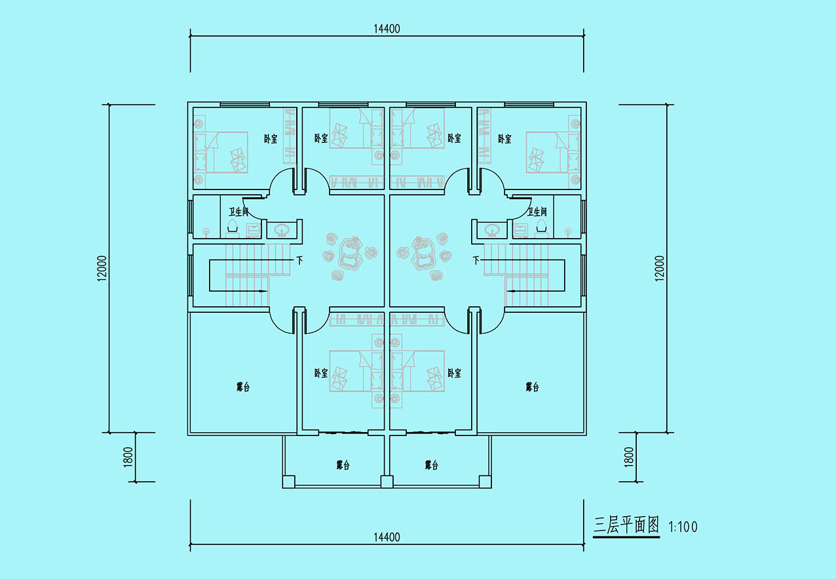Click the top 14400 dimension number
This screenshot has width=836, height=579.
(x=387, y=29)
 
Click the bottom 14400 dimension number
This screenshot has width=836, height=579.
(x=387, y=537)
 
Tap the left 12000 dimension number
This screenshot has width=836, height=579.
(x=102, y=268)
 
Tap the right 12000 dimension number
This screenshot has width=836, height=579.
(x=660, y=268)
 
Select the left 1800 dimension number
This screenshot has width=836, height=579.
(x=128, y=457)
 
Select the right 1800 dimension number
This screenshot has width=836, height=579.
(x=629, y=457)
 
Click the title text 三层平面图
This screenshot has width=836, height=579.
(x=626, y=525)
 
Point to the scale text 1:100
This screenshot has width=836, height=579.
(x=683, y=527)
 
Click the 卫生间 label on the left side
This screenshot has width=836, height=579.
(x=238, y=212)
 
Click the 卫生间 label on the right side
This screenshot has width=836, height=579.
(x=537, y=212)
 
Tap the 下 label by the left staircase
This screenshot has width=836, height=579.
(x=299, y=260)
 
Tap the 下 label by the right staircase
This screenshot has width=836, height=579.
(x=476, y=260)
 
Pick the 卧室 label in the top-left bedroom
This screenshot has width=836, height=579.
(x=271, y=139)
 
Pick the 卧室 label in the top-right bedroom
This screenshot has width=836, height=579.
(x=504, y=139)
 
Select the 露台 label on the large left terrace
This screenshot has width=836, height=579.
(x=243, y=387)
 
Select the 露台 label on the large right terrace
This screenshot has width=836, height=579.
(x=532, y=387)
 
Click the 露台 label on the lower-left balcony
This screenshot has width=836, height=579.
(x=343, y=465)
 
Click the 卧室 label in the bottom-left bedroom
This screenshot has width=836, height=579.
(x=321, y=373)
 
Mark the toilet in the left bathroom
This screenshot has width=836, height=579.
(x=233, y=228)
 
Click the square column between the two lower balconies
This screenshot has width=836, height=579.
(x=387, y=481)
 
